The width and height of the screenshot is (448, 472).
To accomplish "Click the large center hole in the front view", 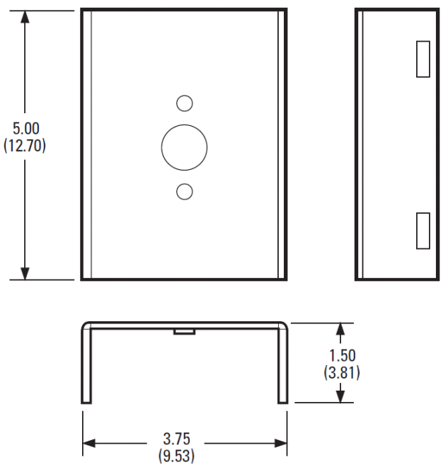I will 184,147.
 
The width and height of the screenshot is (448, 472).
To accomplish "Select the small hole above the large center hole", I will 184,103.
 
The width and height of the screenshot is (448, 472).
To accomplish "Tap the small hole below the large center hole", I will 184,190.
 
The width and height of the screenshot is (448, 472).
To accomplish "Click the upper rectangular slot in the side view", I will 423,59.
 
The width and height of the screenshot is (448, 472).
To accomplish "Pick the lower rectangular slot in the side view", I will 423,230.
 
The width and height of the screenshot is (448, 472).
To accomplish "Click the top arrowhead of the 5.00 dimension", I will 25,17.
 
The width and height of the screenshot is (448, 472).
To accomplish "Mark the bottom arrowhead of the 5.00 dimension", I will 25,272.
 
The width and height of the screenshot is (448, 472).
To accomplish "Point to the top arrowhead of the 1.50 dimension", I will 341,330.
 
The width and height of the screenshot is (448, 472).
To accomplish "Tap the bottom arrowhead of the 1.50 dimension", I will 341,396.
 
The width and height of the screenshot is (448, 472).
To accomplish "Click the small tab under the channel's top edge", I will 184,330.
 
